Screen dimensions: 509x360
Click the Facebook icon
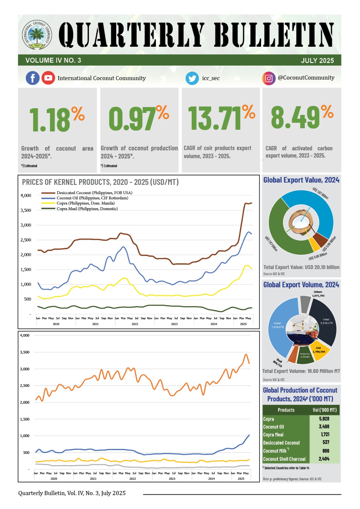(x=33, y=78)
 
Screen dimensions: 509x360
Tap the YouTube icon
(x=48, y=78)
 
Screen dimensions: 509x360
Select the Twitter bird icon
(x=192, y=78)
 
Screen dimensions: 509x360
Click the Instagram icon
(x=269, y=78)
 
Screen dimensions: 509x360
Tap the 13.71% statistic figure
(x=221, y=117)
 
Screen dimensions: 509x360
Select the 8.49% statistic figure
(x=302, y=117)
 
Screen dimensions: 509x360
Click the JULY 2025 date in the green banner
(x=317, y=60)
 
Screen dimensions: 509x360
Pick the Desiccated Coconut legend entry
(x=94, y=193)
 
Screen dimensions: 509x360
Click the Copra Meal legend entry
(x=87, y=209)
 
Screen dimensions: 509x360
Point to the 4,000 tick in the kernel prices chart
(x=26, y=195)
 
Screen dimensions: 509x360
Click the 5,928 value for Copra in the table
(x=324, y=419)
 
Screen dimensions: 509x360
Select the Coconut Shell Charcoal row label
(x=284, y=459)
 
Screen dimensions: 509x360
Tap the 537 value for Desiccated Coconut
(x=326, y=442)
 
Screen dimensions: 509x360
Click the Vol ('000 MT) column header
(x=324, y=410)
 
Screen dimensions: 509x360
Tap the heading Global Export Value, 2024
(x=301, y=180)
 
